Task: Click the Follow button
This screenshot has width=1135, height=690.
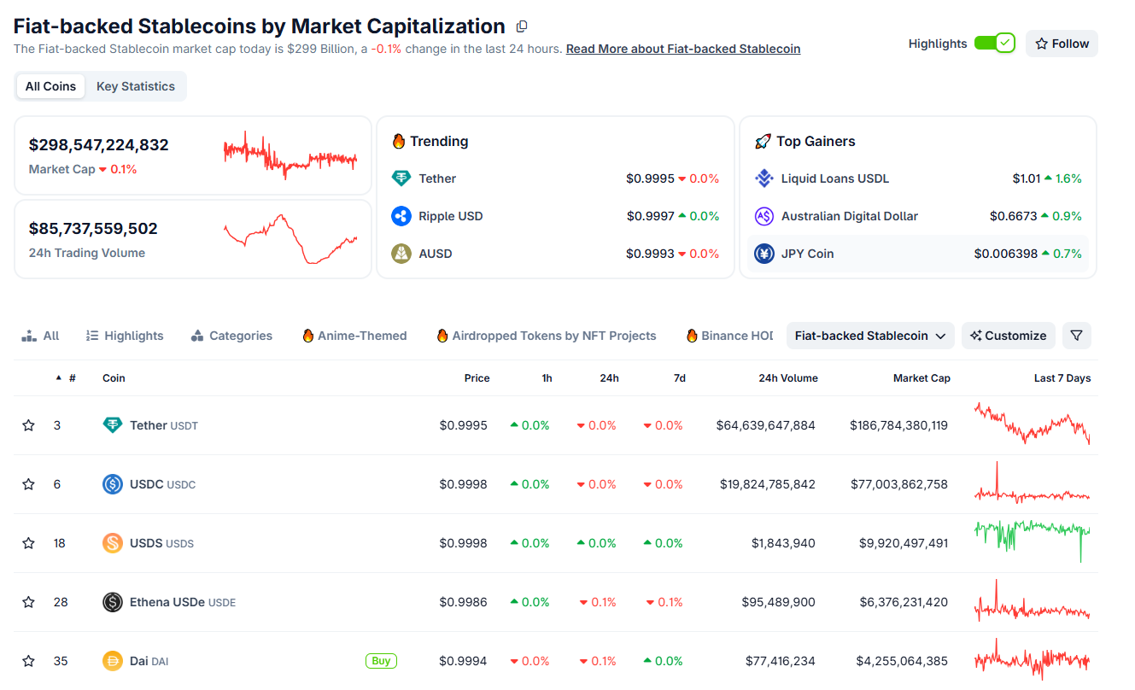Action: tap(1062, 44)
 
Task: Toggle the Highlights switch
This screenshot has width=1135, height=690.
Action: tap(994, 44)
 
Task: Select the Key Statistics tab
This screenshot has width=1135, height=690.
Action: tap(135, 86)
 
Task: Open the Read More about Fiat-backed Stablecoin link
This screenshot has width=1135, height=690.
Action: tap(682, 49)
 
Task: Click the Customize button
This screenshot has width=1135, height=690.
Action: tap(1008, 336)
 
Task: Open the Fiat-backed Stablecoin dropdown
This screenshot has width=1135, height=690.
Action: tap(869, 336)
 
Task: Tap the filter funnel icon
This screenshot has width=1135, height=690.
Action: tap(1076, 336)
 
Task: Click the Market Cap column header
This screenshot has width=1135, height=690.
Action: tap(921, 378)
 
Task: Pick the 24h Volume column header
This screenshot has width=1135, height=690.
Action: tap(787, 378)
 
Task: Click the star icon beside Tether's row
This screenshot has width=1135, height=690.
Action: tap(28, 425)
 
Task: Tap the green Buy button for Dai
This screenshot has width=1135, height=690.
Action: tap(381, 661)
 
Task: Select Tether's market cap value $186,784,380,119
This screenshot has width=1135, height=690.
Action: tap(898, 425)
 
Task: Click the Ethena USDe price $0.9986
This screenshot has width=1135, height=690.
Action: tap(463, 602)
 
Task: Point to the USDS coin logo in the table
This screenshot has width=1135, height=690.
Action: tap(113, 543)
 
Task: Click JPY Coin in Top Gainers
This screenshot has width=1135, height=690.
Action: tap(807, 254)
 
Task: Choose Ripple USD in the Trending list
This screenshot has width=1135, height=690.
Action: tap(450, 216)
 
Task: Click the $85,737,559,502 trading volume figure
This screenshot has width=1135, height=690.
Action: tap(93, 229)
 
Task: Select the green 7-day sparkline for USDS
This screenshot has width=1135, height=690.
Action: tap(1032, 540)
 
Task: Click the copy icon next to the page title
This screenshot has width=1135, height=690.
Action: tap(522, 26)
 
